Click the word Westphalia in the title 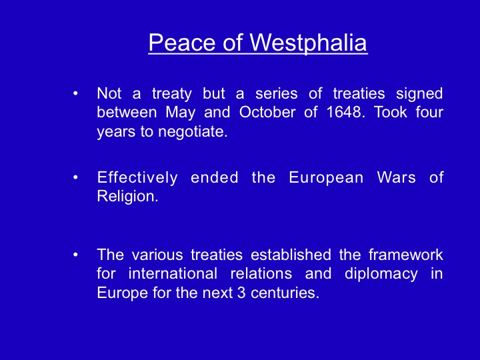coord(309,43)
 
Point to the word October coord(267,112)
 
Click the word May coord(180,113)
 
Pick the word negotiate coord(193,131)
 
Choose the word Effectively coord(137,177)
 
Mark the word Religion coord(127,197)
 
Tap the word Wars coord(396,177)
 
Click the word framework coord(405,255)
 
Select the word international coord(173,273)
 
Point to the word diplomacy coord(381,274)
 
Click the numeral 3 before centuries coord(241,293)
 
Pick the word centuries coord(285,293)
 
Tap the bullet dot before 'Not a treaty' coord(75,93)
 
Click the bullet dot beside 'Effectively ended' coord(75,177)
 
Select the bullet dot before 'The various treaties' coord(75,255)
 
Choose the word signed coord(419,94)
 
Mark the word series coord(277,93)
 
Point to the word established coord(291,255)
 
